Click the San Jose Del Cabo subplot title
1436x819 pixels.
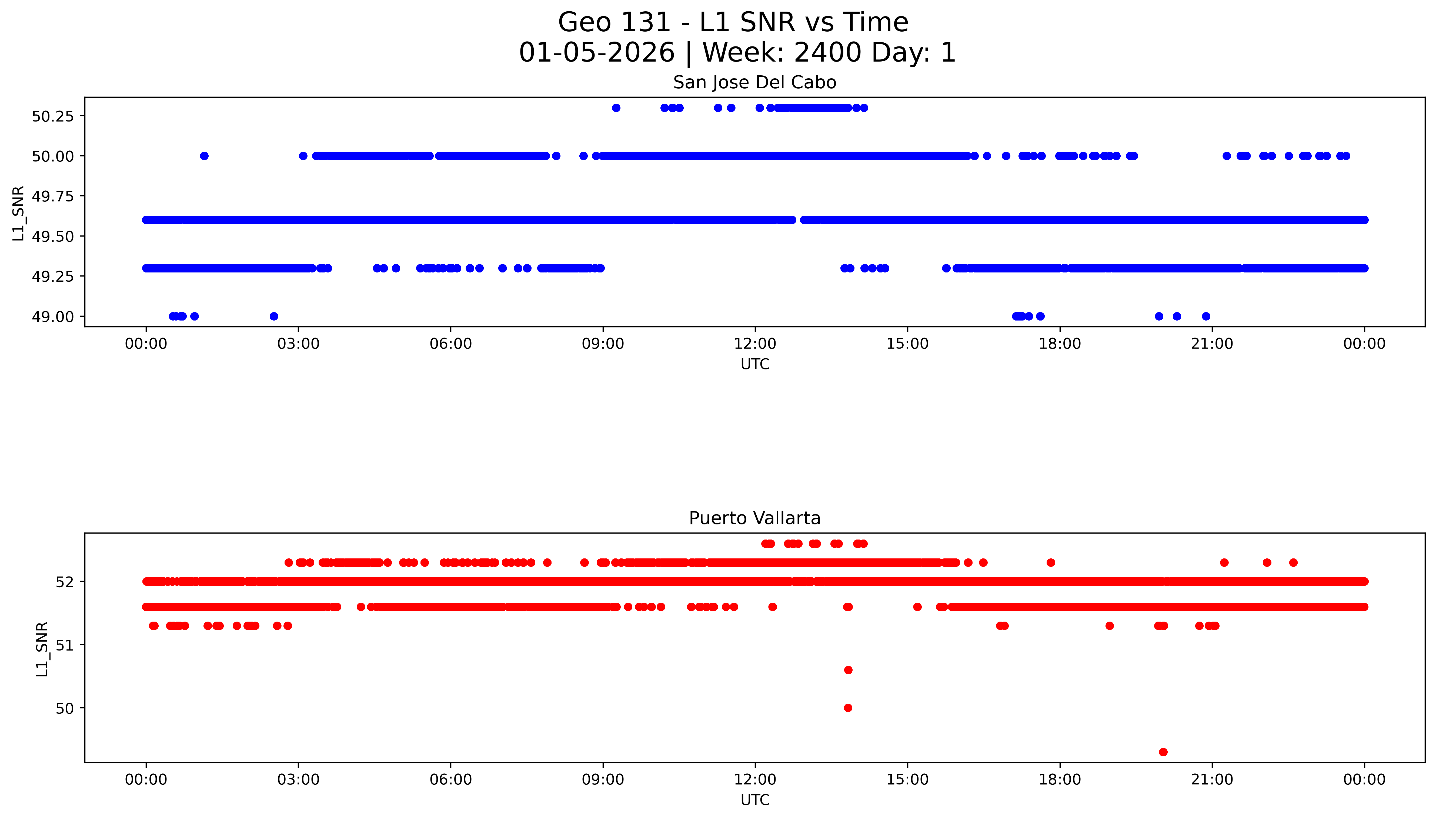pos(754,83)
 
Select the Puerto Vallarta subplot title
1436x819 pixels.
pos(754,518)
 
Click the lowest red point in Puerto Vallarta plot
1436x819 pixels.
pos(1163,752)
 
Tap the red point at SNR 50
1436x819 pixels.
pos(848,708)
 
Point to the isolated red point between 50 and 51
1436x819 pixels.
pos(848,670)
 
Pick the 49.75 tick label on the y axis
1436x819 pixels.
pos(53,196)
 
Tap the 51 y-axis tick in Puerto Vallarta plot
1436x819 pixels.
pos(65,645)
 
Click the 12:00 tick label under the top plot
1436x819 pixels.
pos(755,344)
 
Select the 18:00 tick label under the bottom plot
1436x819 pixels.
pos(1059,780)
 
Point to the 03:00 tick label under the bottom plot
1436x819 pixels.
pos(298,780)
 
